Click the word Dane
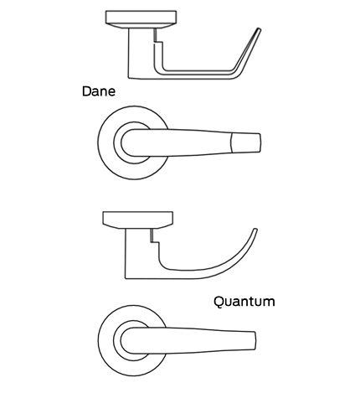[x=99, y=91]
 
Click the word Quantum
[x=244, y=302]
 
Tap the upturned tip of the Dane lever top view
[x=259, y=29]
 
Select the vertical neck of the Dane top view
[x=141, y=53]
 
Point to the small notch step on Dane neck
[x=158, y=43]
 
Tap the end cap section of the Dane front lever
[x=246, y=142]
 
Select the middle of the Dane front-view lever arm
[x=191, y=142]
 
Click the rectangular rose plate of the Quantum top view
[x=138, y=220]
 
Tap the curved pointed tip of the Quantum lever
[x=255, y=230]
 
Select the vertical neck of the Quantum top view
[x=137, y=253]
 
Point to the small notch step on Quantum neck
[x=155, y=242]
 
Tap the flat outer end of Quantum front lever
[x=255, y=341]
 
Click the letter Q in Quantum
[x=219, y=302]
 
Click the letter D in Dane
[x=86, y=91]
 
